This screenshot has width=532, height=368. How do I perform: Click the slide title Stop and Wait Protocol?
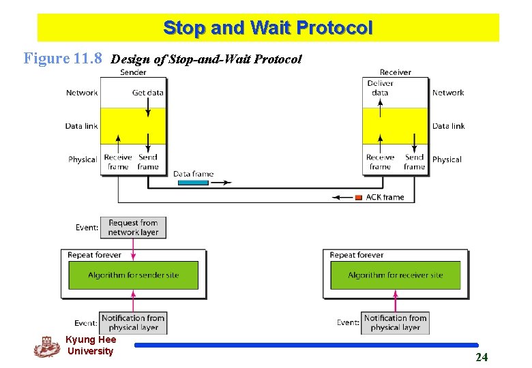[x=267, y=28]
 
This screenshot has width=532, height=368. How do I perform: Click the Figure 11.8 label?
[x=63, y=58]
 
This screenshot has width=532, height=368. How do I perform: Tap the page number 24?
[x=482, y=357]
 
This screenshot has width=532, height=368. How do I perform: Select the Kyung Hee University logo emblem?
[x=46, y=346]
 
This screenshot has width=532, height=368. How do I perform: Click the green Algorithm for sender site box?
[x=133, y=275]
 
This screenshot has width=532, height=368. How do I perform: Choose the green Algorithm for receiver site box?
[x=396, y=275]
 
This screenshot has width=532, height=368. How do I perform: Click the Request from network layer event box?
[x=133, y=228]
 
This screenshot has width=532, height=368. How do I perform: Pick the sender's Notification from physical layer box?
[x=133, y=322]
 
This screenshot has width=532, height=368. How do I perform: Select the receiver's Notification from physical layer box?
[x=395, y=322]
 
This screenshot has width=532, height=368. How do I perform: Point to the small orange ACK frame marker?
[x=359, y=198]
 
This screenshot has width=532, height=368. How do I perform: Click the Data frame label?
[x=193, y=174]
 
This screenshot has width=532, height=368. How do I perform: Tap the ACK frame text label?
[x=385, y=198]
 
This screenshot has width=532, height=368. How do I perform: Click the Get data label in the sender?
[x=147, y=93]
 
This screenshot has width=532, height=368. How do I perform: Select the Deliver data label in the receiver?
[x=380, y=88]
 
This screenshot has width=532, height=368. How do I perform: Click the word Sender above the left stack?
[x=133, y=72]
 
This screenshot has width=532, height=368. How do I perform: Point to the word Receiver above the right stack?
[x=396, y=72]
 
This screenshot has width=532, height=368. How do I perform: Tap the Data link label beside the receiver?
[x=448, y=126]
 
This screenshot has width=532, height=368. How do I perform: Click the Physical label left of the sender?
[x=83, y=159]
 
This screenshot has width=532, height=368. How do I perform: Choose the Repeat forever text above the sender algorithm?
[x=94, y=255]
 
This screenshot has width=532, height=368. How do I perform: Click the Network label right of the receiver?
[x=448, y=93]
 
